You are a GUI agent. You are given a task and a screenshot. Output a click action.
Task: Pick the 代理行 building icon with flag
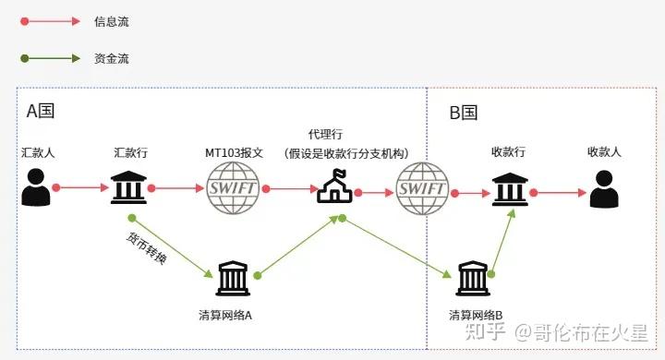point(334,186)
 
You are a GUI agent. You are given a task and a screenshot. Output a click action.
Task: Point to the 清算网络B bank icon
point(473,277)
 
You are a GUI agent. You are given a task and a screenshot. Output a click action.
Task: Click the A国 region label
point(41,112)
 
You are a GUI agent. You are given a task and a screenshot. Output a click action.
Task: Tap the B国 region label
point(464,113)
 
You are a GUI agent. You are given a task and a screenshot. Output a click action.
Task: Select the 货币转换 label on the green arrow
point(147,248)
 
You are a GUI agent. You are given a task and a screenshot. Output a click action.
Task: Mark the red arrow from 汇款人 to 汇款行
point(81,187)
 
